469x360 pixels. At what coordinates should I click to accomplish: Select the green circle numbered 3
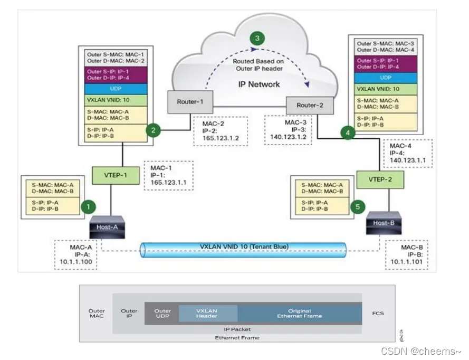(257, 38)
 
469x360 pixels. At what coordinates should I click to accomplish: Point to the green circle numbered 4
(348, 133)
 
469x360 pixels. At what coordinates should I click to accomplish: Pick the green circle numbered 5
(359, 207)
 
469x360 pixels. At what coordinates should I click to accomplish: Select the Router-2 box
(309, 105)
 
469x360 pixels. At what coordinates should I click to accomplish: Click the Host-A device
(107, 226)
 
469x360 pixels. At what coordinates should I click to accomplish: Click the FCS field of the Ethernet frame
(377, 313)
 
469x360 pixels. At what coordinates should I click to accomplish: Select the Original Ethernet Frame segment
(299, 314)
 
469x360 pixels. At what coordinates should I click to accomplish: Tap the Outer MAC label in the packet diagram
(97, 314)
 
